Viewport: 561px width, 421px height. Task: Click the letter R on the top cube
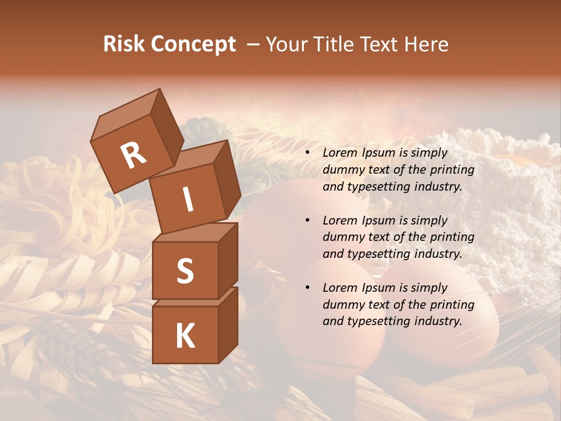tap(133, 155)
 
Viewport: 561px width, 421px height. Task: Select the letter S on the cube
tap(185, 271)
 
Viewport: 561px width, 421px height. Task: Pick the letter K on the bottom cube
tap(185, 336)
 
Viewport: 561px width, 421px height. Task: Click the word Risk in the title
tap(123, 44)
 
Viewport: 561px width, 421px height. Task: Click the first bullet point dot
tap(308, 153)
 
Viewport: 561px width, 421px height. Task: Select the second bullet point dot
tap(308, 221)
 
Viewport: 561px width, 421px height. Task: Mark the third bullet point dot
tap(308, 288)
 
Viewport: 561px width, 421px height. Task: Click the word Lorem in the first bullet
tap(339, 153)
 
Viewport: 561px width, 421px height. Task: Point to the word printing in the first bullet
tap(453, 170)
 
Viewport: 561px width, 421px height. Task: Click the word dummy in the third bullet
tap(341, 305)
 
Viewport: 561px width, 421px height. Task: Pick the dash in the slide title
tap(253, 45)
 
